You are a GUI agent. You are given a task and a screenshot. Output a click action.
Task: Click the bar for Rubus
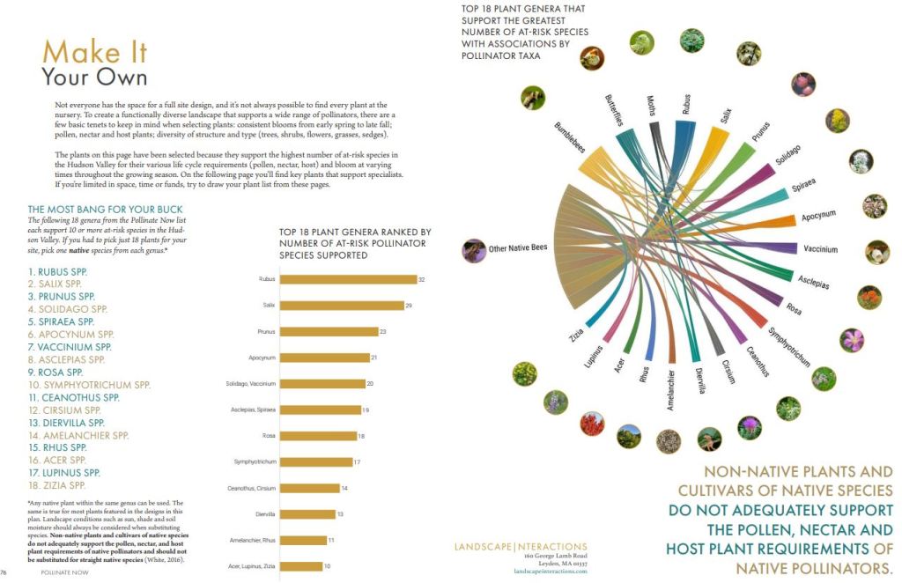(x=348, y=279)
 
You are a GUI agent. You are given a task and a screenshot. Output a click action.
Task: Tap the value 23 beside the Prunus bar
(x=383, y=331)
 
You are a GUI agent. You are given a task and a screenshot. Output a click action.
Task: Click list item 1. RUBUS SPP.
(x=60, y=271)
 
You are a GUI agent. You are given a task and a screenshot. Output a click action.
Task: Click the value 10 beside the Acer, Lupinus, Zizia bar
(x=327, y=565)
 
